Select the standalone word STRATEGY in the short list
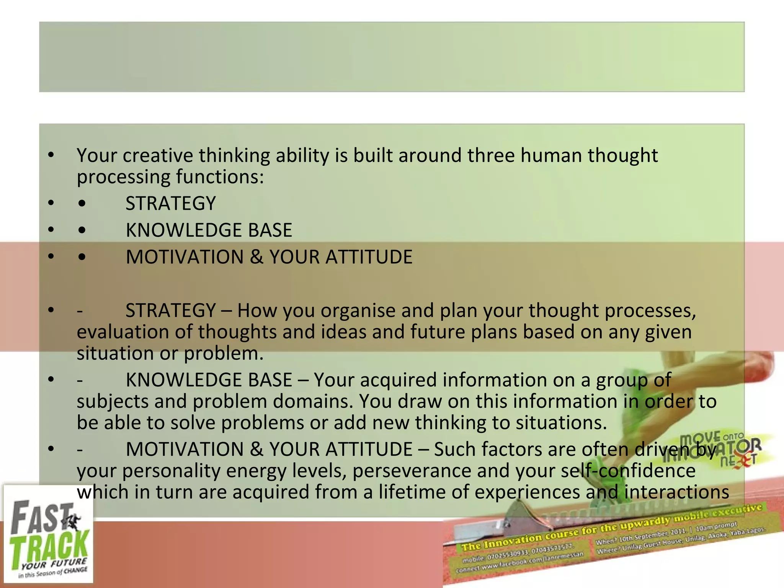click(x=171, y=203)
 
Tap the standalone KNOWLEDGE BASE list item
click(x=209, y=230)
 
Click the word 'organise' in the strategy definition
click(x=358, y=310)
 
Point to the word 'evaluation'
click(x=122, y=332)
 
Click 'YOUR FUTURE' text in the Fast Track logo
click(x=54, y=564)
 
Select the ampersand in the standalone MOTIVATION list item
click(x=256, y=257)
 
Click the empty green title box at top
click(x=392, y=57)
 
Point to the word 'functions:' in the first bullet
click(x=220, y=177)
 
